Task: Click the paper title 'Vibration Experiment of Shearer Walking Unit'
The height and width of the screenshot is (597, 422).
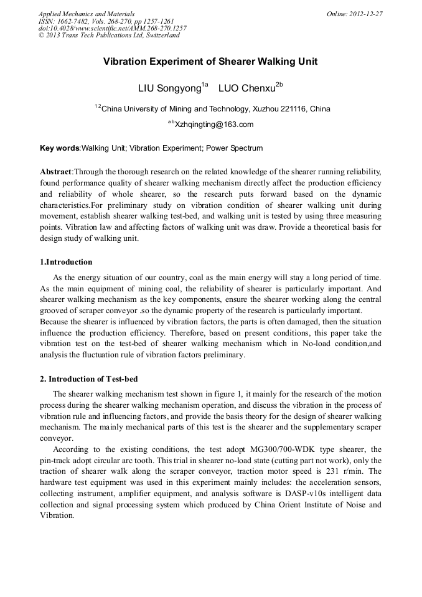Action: (x=210, y=62)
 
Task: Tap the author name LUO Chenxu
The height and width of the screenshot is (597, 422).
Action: (x=246, y=88)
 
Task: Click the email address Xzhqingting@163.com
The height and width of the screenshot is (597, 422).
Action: (x=213, y=125)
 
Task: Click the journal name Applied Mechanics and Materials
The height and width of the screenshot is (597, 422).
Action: (x=86, y=14)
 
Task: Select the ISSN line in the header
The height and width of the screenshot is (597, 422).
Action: (x=106, y=21)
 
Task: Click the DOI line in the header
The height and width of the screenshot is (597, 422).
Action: (x=112, y=28)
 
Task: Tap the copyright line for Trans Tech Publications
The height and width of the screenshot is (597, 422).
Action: (x=109, y=35)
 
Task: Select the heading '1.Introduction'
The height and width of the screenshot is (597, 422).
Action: (x=66, y=262)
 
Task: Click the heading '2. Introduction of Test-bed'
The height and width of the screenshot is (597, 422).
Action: (x=88, y=379)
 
